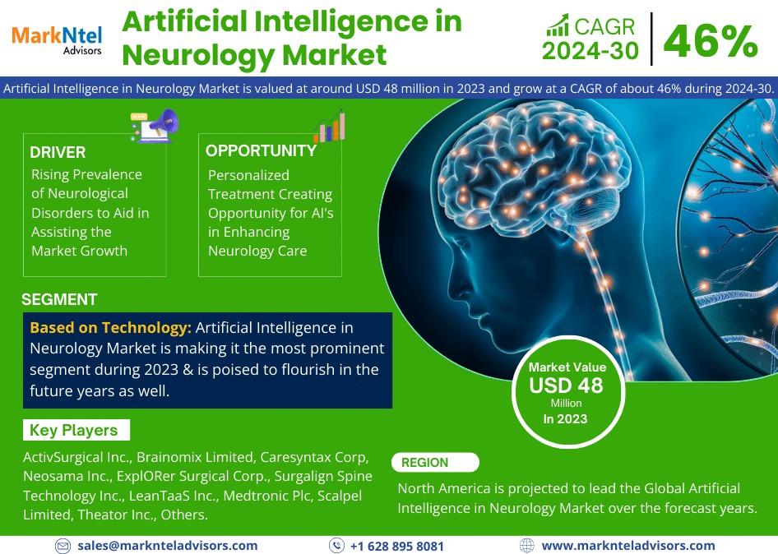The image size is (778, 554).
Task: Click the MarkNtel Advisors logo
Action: point(57,40)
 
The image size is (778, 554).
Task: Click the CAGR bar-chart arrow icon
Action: point(558,25)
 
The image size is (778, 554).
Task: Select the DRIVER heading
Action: point(58,152)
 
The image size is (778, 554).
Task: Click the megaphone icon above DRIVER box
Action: point(155,126)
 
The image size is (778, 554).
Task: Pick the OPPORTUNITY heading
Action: point(261,150)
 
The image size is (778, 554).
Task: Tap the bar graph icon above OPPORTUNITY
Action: point(330,127)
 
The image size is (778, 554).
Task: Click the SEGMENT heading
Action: point(59,299)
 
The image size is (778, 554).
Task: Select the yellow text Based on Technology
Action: point(111,328)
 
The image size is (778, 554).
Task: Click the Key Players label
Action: point(73,430)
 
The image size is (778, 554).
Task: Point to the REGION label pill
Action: point(435,462)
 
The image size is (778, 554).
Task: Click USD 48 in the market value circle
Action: point(566,385)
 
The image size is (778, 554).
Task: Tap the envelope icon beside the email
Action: point(63,546)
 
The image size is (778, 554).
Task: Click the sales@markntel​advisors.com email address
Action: point(168,546)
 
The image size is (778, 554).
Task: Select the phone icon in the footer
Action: point(336,546)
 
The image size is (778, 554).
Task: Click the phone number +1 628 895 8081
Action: point(397,546)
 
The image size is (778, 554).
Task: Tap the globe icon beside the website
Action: point(526,546)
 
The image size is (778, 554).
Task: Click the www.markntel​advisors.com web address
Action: point(628,546)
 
